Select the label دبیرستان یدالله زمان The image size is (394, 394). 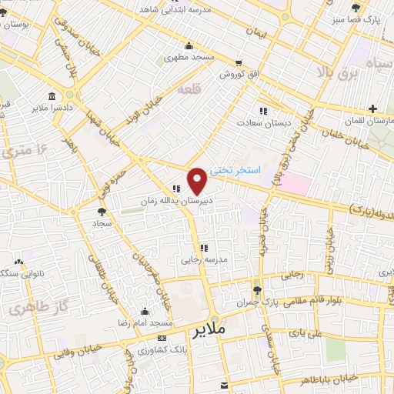click(175, 199)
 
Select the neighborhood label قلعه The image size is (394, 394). click(189, 90)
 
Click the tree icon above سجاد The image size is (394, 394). click(102, 209)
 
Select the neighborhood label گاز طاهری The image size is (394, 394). click(26, 309)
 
